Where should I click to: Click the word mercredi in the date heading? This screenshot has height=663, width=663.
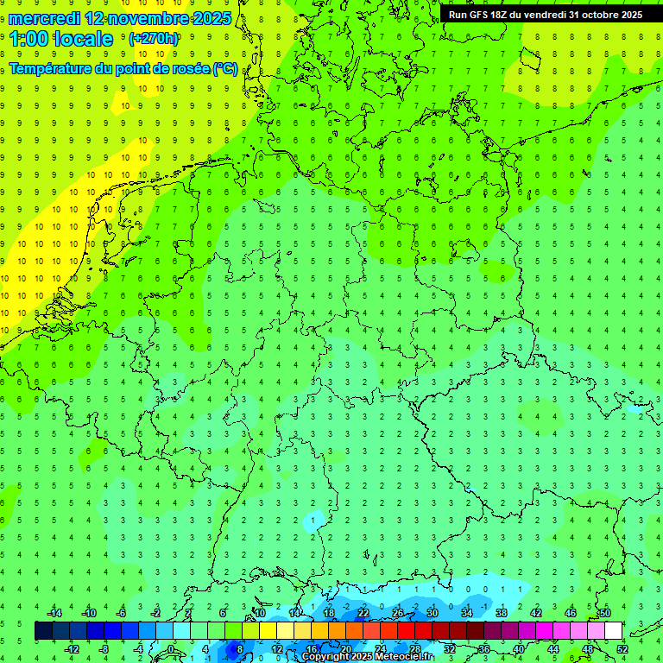point(43,18)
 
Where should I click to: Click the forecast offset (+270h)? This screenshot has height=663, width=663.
point(153,39)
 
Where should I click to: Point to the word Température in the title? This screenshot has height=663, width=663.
point(50,68)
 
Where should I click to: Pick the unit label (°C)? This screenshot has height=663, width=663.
point(225,68)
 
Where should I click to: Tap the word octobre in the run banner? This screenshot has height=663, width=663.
point(590,15)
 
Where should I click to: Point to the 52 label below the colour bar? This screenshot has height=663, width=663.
point(622,648)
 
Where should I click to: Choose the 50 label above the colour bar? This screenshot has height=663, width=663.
point(604,612)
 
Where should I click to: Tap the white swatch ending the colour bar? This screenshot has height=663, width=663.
point(613,630)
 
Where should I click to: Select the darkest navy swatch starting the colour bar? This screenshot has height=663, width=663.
point(43,630)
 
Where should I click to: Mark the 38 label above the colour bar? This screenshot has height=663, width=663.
point(501,612)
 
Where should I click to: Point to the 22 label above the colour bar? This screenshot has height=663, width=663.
point(363,612)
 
